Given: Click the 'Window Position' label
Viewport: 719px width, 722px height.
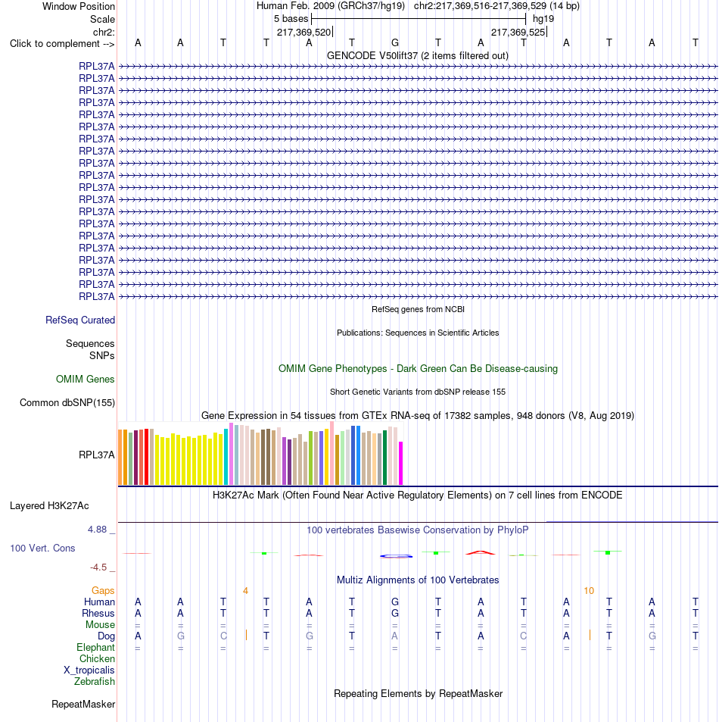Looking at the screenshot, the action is click(78, 7).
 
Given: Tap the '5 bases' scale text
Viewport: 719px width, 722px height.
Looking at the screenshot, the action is click(291, 19).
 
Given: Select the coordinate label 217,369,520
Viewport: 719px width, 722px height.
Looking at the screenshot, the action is click(303, 33).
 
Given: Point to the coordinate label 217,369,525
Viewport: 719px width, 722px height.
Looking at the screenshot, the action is click(518, 33).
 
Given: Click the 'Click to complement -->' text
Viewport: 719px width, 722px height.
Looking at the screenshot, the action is click(62, 44).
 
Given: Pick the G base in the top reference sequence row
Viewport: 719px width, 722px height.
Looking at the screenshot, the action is click(394, 43).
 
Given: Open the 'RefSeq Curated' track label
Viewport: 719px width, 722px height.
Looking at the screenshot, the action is click(80, 320).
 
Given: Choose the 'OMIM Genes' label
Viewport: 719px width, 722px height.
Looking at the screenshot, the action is click(85, 379).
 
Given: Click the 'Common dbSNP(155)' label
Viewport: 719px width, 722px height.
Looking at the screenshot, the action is click(67, 402).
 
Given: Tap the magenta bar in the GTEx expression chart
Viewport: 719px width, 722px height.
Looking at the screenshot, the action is click(400, 463).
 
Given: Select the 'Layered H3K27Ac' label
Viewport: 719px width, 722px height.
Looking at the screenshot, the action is click(49, 505).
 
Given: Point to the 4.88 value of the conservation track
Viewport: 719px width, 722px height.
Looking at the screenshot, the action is click(97, 530).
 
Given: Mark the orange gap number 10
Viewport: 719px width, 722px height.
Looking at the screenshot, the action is click(589, 591).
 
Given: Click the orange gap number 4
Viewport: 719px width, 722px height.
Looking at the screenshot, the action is click(246, 591).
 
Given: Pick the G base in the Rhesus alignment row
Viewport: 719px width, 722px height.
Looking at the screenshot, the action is click(394, 614).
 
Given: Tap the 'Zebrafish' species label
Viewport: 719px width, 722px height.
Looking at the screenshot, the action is click(95, 682).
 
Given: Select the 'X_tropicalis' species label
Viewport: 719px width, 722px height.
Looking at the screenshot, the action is click(89, 670).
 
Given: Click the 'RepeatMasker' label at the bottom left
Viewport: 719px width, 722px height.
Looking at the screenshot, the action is click(83, 704).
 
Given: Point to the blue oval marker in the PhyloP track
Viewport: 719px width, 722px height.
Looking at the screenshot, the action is click(396, 556).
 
